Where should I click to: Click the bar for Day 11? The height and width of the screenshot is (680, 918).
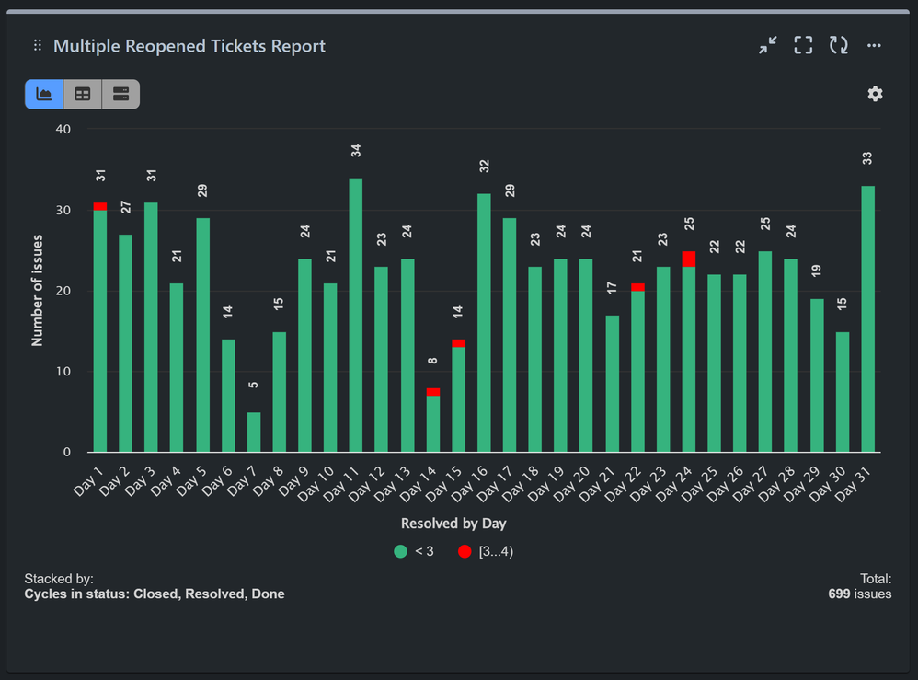[x=355, y=315]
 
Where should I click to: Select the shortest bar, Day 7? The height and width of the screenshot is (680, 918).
[x=253, y=432]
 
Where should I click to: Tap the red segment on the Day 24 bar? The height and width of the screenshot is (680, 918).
[x=688, y=259]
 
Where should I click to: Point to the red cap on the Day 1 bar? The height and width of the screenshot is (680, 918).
[x=99, y=206]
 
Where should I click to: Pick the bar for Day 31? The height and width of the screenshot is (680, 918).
[x=867, y=318]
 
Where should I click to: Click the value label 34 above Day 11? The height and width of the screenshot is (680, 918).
[x=356, y=150]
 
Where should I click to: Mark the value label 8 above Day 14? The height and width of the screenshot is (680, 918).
[x=432, y=361]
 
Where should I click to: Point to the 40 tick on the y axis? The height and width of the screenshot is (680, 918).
[x=63, y=129]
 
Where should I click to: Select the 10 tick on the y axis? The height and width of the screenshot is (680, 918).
[x=63, y=372]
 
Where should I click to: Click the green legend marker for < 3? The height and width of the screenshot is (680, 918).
[x=400, y=551]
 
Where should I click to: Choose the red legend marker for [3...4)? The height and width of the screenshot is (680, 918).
[x=465, y=551]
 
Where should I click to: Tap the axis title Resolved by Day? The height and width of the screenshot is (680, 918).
[x=453, y=524]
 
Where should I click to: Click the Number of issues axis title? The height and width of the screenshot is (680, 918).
[x=38, y=290]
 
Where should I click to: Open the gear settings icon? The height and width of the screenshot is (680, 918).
[x=875, y=94]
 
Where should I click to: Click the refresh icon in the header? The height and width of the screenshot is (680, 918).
[x=838, y=45]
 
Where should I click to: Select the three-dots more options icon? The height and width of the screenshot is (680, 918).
[x=874, y=46]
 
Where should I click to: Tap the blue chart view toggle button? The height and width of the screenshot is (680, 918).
[x=43, y=94]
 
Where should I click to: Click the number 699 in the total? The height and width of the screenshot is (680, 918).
[x=843, y=594]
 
